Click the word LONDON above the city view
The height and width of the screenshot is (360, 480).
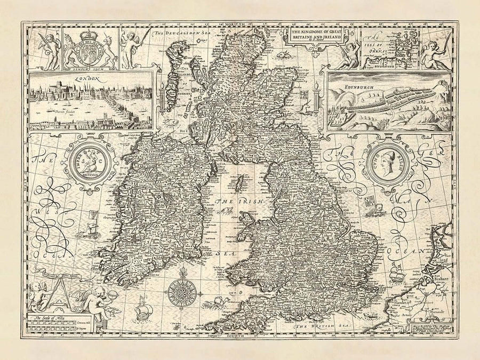pos(90,79)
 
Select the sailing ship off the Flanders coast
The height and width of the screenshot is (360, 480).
pos(395,274)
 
